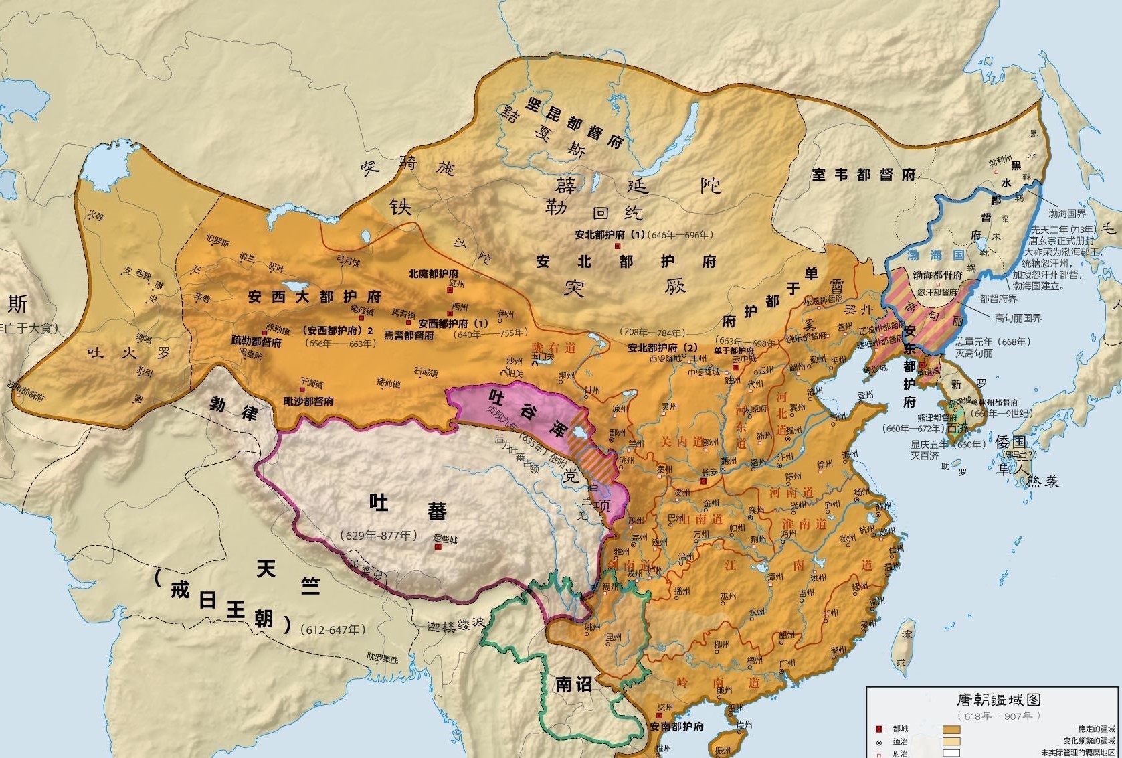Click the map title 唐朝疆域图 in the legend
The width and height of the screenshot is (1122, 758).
point(998,700)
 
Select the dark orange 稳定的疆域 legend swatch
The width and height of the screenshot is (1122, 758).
point(951,729)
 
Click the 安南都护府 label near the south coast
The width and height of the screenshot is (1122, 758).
point(676,727)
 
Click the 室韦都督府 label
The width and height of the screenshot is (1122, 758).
point(863,175)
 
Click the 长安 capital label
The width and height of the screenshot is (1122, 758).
point(709,472)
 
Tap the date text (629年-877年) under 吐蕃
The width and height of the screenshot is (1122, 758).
point(379,535)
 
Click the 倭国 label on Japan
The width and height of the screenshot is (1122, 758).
point(1010,441)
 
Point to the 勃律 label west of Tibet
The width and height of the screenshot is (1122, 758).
point(233,408)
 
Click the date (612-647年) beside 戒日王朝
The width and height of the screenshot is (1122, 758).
point(333,629)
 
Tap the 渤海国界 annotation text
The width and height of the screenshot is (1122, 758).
point(1066,214)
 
